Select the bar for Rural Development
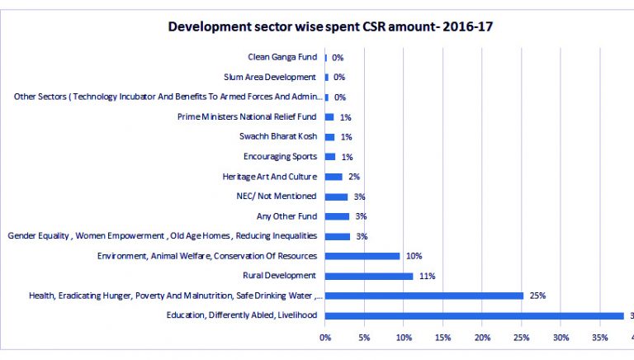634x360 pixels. coord(368,276)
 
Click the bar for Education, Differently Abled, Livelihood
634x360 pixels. coord(474,315)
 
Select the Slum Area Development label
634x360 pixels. coord(270,77)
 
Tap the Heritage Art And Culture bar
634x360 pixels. coord(334,177)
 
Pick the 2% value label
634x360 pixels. coord(354,177)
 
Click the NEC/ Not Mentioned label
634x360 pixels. coord(276,196)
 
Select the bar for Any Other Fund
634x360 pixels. coord(337,216)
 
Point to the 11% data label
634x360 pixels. coord(427,276)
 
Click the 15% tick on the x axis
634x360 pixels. coord(442,338)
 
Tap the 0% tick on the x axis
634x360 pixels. coord(325,338)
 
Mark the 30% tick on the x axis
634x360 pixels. coord(561,338)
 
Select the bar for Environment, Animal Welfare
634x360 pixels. coord(362,256)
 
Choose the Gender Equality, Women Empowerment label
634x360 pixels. coord(162,236)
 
